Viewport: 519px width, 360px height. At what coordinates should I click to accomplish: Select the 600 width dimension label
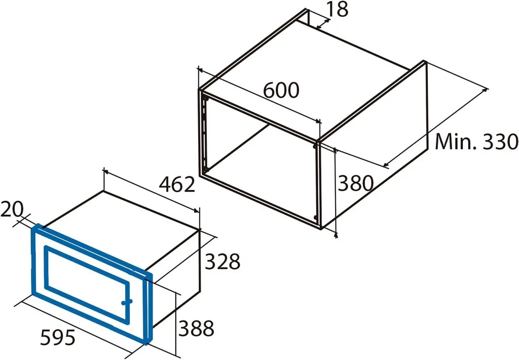coord(281,90)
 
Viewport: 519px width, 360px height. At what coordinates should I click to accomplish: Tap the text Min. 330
coord(476,141)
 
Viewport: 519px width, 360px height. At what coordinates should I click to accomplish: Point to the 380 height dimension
coord(355,183)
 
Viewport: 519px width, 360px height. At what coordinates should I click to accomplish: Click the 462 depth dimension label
coord(177,184)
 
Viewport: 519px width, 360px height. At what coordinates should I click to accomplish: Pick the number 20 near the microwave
coord(12,209)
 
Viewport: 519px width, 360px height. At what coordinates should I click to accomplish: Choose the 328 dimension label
coord(223,261)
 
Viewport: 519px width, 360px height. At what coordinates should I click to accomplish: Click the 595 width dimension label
coord(58,338)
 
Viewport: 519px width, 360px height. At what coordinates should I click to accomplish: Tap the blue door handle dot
coord(127,302)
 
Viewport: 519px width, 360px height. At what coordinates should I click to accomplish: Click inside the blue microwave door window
coord(86,283)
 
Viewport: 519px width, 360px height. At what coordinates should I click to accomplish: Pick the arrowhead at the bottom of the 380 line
coord(337,235)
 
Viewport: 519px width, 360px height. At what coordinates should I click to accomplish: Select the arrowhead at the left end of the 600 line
coord(200,70)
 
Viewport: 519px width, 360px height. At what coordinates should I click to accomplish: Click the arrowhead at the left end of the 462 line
coord(106,171)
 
